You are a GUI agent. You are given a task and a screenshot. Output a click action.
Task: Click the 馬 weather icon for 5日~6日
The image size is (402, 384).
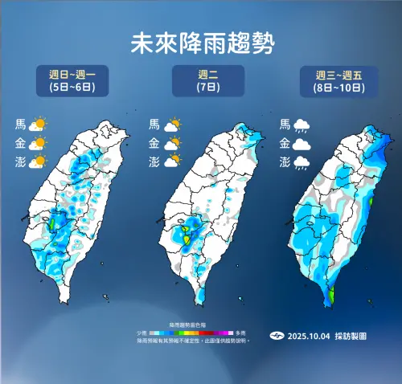38,125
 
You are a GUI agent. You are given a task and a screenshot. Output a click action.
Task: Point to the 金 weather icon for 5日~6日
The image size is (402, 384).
38,144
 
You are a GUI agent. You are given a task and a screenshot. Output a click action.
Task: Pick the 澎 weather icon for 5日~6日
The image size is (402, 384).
38,162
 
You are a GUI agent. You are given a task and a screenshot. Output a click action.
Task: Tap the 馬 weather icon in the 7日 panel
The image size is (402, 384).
172,125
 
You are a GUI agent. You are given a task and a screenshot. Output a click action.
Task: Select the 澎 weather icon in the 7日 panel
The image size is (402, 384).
172,162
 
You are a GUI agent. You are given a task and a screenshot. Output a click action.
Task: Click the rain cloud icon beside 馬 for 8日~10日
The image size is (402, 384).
303,125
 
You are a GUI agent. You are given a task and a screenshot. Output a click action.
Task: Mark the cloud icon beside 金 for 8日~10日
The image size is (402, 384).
303,145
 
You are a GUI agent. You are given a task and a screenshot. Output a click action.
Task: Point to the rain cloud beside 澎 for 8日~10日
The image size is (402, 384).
303,163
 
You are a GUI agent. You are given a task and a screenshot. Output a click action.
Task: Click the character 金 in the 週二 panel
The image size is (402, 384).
154,144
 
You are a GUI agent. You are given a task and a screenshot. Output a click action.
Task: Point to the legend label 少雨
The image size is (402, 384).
142,332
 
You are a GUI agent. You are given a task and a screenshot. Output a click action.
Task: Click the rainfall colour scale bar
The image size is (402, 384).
196,332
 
